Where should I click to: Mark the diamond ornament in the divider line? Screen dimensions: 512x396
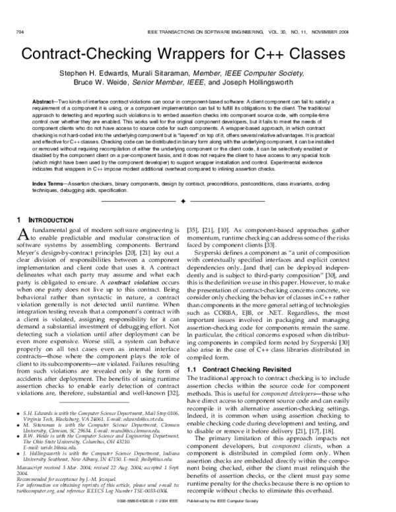click(x=197, y=198)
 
